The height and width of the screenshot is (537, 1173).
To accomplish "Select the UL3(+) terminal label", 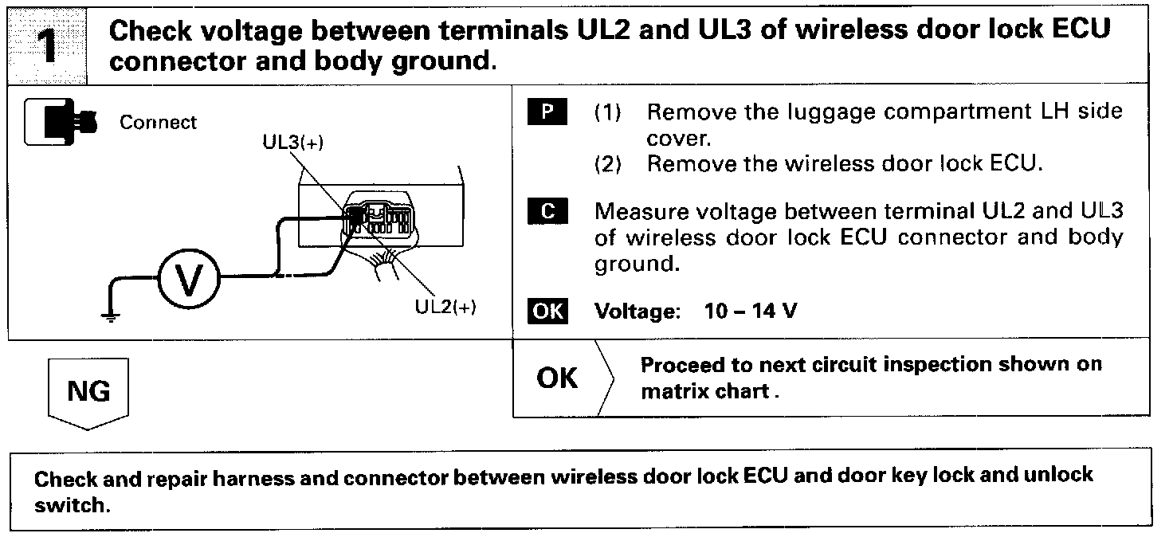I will point(292,143).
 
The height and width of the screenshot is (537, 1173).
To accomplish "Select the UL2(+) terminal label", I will point(446,308).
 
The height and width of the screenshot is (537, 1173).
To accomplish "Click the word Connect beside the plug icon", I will point(158,123).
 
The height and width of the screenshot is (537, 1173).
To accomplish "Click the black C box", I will point(547,212).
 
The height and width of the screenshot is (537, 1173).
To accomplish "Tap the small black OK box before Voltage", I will point(547,311).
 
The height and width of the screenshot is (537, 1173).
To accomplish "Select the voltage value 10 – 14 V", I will point(750,311).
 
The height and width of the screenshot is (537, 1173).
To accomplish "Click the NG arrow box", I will point(89,392).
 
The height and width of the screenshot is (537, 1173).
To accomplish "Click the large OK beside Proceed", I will point(558,378).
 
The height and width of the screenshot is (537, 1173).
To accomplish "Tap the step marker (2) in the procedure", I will point(608,165).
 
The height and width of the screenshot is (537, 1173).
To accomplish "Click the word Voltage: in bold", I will point(635,311).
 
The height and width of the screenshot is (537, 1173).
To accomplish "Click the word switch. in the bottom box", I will point(71,506).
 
